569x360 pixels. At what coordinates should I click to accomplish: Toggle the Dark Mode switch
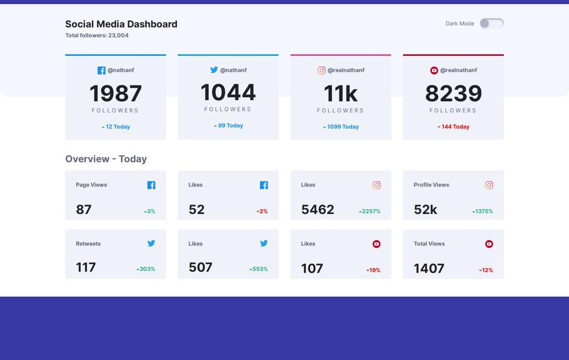coord(492,23)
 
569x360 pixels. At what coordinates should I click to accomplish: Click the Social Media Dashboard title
coord(121,24)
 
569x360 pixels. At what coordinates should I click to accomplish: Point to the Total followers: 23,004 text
coord(97,36)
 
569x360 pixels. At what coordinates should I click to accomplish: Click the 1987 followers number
coord(115,94)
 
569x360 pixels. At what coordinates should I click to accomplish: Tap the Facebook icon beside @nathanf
coord(101,70)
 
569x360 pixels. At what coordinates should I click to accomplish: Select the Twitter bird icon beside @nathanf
coord(214,70)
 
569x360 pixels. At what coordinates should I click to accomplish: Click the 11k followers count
coord(340,94)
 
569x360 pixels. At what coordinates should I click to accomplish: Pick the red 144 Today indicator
coord(454,127)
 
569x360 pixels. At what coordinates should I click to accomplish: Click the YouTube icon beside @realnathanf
coord(434,70)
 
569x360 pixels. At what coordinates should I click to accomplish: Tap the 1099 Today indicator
coord(341,127)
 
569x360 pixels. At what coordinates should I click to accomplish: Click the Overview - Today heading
coord(106,159)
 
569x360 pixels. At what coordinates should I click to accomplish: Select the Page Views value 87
coord(84,210)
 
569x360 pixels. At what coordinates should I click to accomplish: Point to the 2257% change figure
coord(370,211)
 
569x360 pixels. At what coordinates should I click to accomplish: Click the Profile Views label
coord(431,185)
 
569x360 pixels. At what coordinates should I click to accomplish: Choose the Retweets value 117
coord(86,267)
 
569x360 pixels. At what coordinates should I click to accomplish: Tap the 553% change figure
coord(259,269)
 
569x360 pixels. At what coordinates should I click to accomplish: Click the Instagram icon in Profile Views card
coord(489,185)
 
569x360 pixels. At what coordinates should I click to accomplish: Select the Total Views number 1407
coord(429,268)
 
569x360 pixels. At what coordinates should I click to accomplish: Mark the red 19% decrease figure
coord(374,270)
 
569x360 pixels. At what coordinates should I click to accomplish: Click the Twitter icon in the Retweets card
coord(151,243)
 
